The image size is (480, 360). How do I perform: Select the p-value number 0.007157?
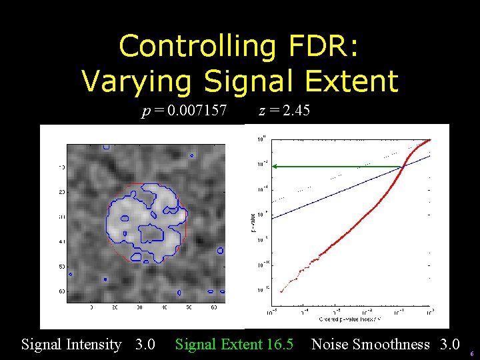click(x=197, y=110)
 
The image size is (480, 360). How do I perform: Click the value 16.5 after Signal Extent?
click(x=280, y=345)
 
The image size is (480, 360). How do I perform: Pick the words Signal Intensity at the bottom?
click(x=71, y=345)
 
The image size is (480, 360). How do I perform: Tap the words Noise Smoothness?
click(x=371, y=345)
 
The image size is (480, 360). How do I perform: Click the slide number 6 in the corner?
click(x=472, y=354)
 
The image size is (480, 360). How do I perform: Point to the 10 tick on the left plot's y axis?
click(x=61, y=167)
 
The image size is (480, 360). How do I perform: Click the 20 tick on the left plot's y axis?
click(x=61, y=192)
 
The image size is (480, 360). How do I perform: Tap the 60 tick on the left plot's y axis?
click(x=61, y=291)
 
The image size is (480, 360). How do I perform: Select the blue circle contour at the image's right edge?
click(x=221, y=251)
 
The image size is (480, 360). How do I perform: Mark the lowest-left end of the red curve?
click(x=281, y=292)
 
